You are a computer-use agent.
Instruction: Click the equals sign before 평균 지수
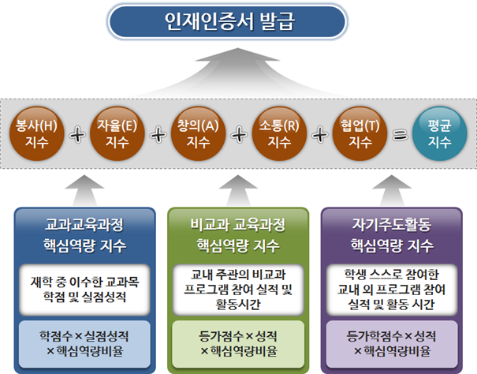pyautogui.click(x=401, y=135)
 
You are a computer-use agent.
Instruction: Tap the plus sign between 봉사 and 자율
pyautogui.click(x=76, y=135)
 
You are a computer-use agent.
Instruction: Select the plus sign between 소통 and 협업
pyautogui.click(x=320, y=135)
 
